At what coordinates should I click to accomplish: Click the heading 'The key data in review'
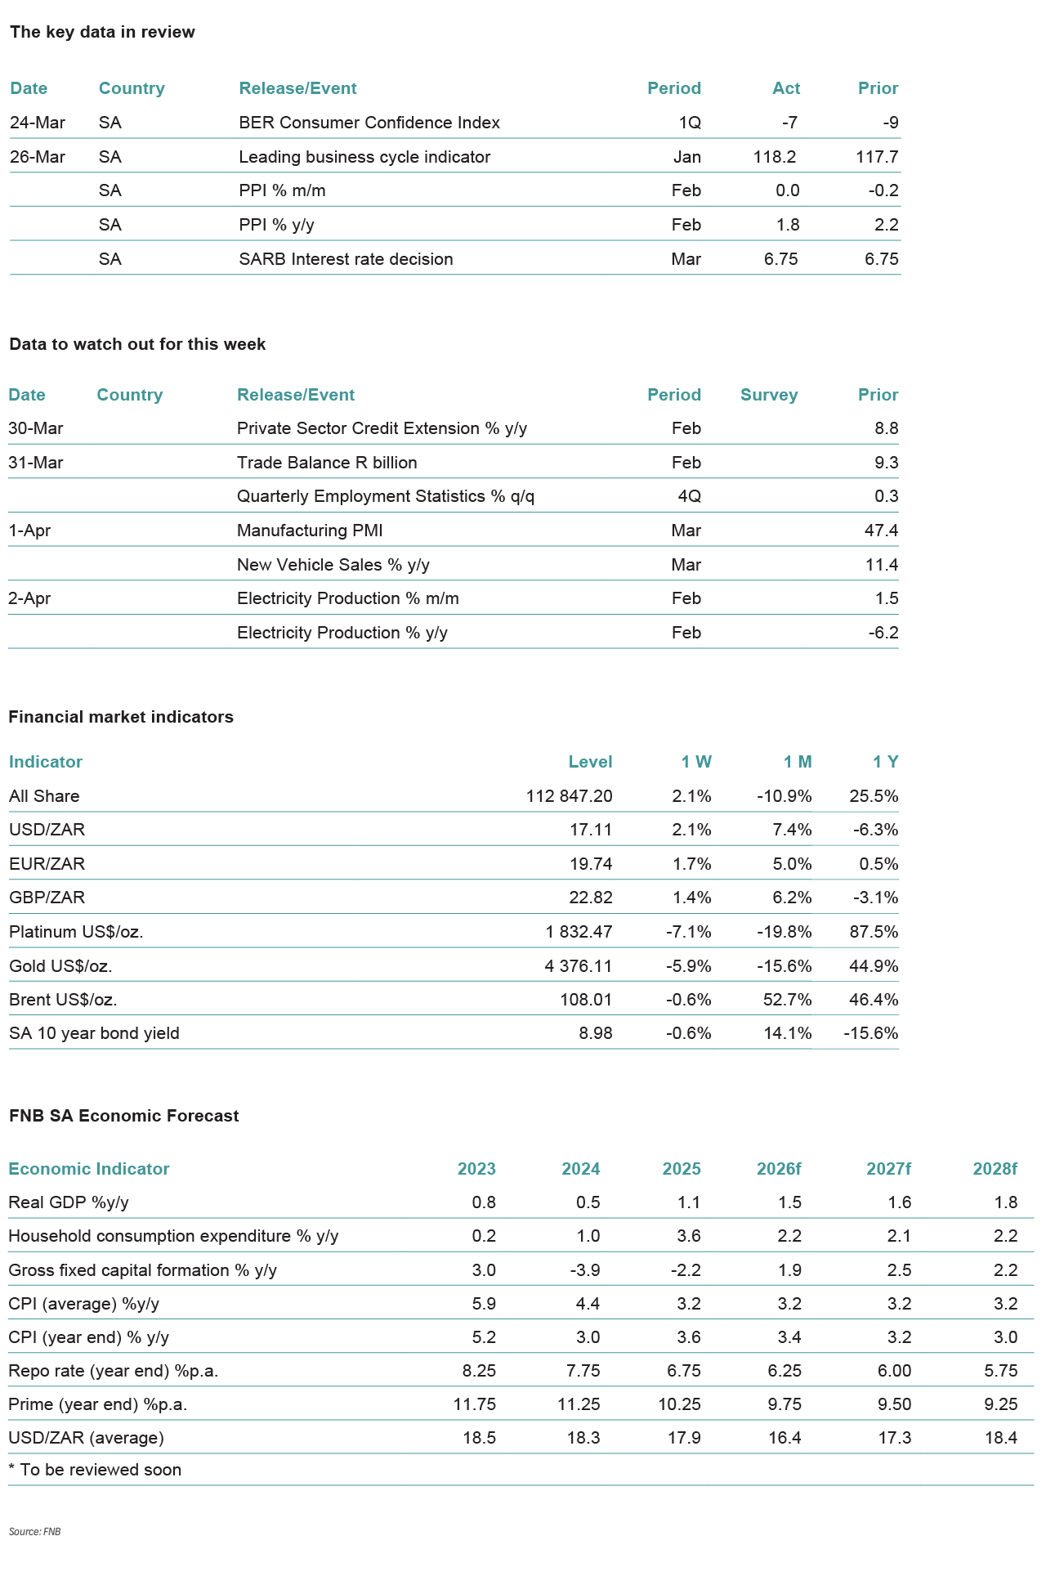(102, 33)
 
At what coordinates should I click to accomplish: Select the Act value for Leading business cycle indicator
(774, 157)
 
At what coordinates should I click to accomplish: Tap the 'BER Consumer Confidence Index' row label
(369, 123)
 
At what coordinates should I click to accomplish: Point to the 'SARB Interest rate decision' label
(346, 259)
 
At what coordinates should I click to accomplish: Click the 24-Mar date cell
(38, 123)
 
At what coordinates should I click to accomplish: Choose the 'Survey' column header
(768, 395)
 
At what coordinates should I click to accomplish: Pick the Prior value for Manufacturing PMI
(881, 531)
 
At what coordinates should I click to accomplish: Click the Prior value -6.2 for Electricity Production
(883, 633)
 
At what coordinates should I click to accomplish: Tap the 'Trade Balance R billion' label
(327, 463)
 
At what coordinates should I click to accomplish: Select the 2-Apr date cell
(29, 598)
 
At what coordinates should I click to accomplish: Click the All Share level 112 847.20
(569, 796)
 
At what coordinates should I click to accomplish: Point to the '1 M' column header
(798, 762)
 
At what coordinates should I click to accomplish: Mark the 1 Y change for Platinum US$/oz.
(874, 932)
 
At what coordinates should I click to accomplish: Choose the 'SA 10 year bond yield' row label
(94, 1033)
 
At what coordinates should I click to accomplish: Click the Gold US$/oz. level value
(578, 966)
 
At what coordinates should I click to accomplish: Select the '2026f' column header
(779, 1169)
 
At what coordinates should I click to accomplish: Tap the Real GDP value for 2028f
(1006, 1202)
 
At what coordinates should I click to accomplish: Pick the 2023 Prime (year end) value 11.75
(475, 1404)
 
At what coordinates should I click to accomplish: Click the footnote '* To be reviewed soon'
(95, 1470)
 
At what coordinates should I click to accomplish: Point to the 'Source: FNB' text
(35, 1531)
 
